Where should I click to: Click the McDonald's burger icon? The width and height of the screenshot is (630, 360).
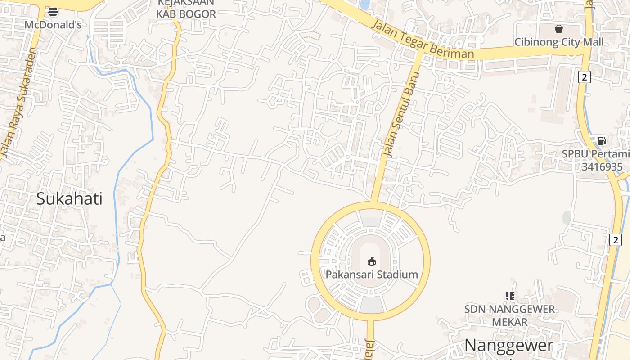click(53, 12)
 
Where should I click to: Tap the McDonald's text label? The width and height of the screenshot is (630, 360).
click(53, 25)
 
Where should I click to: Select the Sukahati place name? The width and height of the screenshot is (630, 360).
click(69, 198)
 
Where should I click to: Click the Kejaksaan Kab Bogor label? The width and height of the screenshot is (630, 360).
click(186, 9)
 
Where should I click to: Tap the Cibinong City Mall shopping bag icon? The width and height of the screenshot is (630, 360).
click(558, 29)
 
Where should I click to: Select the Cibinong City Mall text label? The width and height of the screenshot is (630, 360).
click(559, 42)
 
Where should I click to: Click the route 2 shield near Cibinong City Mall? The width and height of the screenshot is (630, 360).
click(584, 77)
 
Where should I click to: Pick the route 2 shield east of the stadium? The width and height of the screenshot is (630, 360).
click(616, 240)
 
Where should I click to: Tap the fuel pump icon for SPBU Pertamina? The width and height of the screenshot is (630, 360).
click(602, 141)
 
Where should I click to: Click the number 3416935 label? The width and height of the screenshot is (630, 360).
click(602, 167)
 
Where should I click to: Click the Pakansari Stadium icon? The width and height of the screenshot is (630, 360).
click(372, 261)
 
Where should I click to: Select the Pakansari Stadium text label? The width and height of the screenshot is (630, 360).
click(372, 274)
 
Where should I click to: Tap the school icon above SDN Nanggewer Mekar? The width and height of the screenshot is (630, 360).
click(509, 296)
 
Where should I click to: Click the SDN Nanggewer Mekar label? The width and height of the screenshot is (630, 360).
click(509, 315)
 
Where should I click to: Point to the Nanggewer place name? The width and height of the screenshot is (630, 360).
click(508, 346)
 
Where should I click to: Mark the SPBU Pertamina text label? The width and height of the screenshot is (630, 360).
click(595, 154)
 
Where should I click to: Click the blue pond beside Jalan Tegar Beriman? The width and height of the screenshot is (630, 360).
click(365, 4)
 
